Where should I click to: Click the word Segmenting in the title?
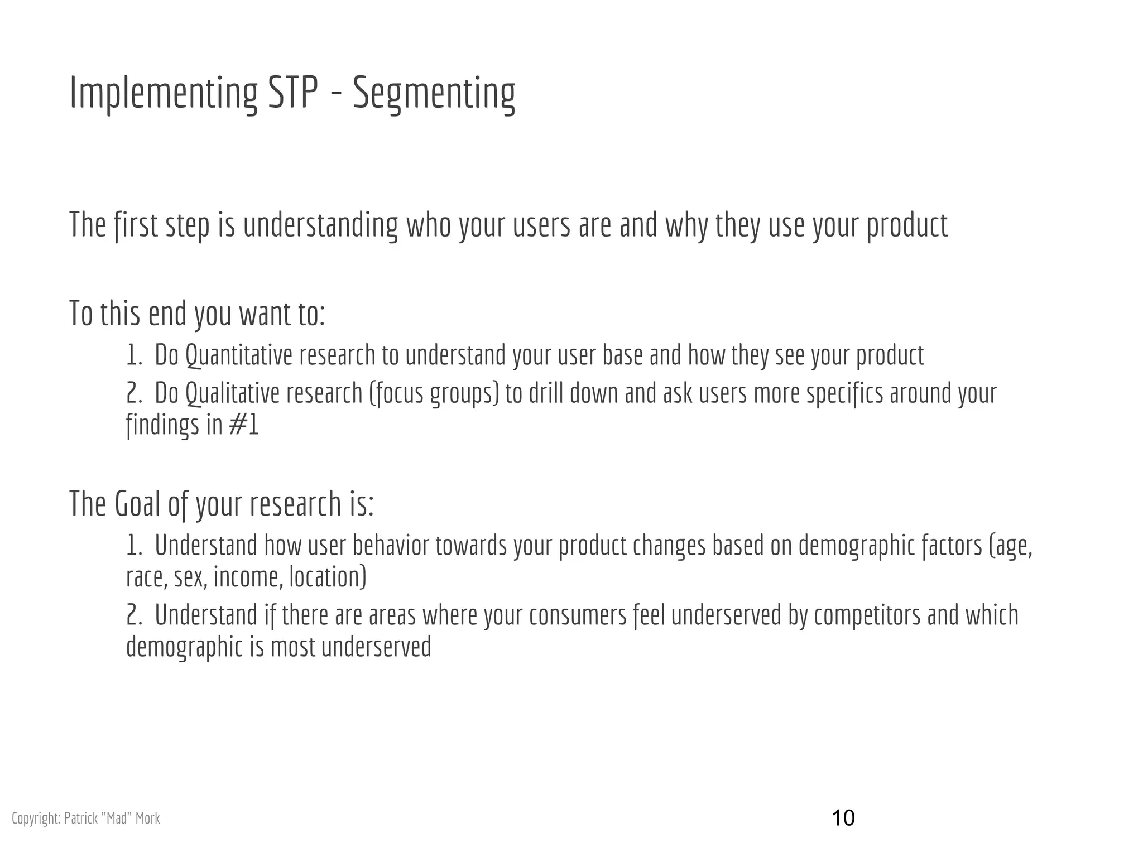point(434,93)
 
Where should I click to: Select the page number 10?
point(843,818)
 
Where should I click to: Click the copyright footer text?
point(85,819)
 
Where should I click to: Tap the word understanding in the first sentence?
point(320,225)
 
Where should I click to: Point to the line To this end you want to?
point(197,314)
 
